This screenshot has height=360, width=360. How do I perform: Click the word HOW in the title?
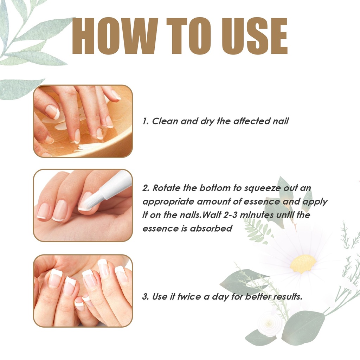pyautogui.click(x=115, y=36)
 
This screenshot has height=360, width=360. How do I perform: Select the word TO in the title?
pyautogui.click(x=189, y=36)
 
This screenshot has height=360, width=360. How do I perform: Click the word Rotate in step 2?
pyautogui.click(x=166, y=188)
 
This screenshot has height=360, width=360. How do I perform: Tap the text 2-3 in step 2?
pyautogui.click(x=230, y=215)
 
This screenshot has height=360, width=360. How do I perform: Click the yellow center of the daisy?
pyautogui.click(x=303, y=264)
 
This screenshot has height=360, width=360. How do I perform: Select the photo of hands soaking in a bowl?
pyautogui.click(x=83, y=121)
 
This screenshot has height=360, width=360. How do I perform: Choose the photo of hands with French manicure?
pyautogui.click(x=83, y=291)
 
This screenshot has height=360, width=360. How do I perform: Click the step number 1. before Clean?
pyautogui.click(x=146, y=121)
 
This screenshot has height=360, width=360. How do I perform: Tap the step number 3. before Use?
pyautogui.click(x=146, y=296)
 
